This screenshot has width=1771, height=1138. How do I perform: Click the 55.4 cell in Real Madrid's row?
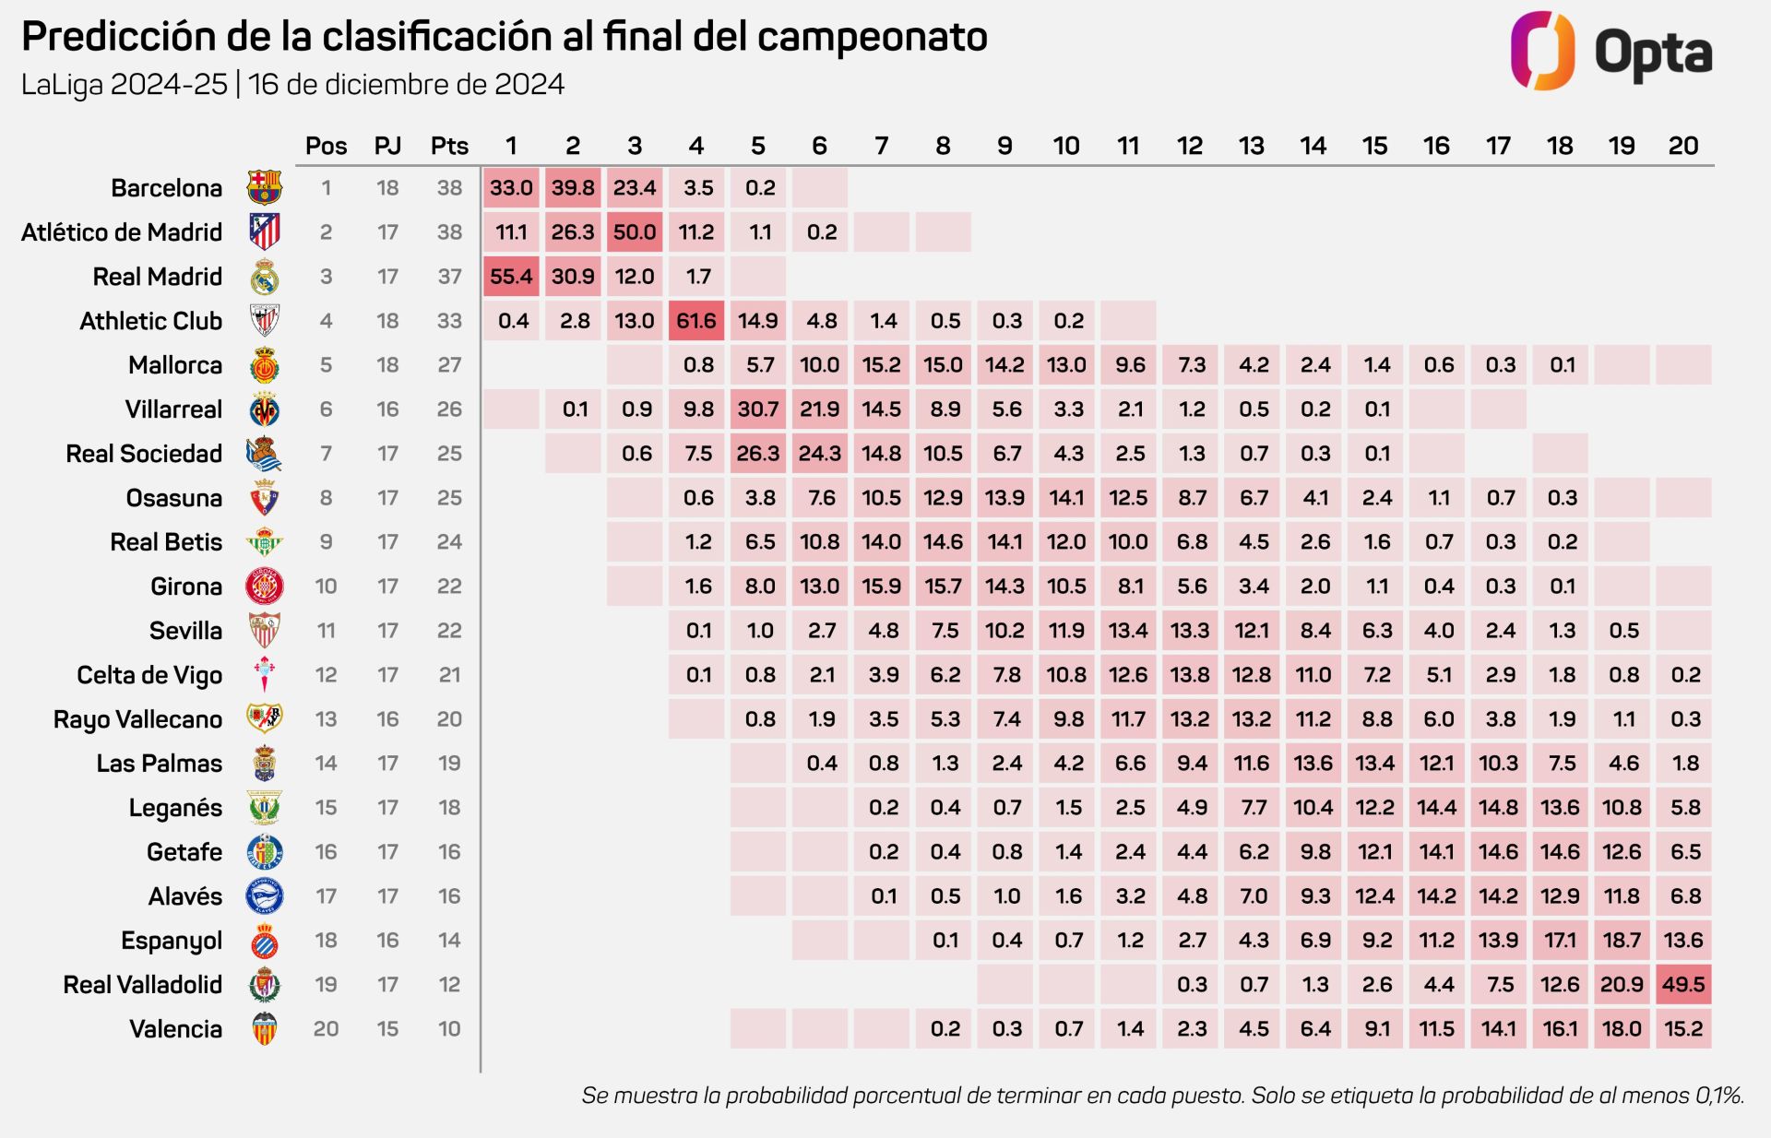pyautogui.click(x=511, y=277)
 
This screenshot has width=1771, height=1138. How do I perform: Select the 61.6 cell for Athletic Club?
pyautogui.click(x=696, y=321)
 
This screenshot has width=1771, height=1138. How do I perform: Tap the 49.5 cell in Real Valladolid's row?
pyautogui.click(x=1683, y=985)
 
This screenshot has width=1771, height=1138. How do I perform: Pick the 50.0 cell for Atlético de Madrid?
pyautogui.click(x=635, y=232)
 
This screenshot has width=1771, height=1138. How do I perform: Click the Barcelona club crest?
pyautogui.click(x=265, y=187)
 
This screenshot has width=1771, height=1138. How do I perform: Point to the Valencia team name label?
pyautogui.click(x=175, y=1029)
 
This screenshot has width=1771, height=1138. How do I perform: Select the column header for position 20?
pyautogui.click(x=1683, y=146)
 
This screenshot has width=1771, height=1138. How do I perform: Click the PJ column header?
pyautogui.click(x=387, y=146)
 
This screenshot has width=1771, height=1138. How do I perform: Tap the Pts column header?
pyautogui.click(x=449, y=146)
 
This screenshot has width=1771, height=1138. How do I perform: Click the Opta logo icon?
pyautogui.click(x=1542, y=51)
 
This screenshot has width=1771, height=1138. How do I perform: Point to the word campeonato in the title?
pyautogui.click(x=872, y=37)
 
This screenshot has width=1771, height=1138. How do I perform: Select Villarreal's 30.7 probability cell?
pyautogui.click(x=758, y=409)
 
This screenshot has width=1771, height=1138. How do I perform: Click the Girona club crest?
pyautogui.click(x=265, y=587)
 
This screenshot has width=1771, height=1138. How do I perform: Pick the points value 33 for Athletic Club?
pyautogui.click(x=449, y=321)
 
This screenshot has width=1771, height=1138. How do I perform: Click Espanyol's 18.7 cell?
pyautogui.click(x=1622, y=941)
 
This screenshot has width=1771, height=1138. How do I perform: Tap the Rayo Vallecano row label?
pyautogui.click(x=137, y=719)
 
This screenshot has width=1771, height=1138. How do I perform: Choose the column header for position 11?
pyautogui.click(x=1128, y=146)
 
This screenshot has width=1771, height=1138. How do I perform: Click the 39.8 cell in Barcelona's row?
pyautogui.click(x=573, y=188)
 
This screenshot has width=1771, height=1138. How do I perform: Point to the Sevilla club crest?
pyautogui.click(x=265, y=631)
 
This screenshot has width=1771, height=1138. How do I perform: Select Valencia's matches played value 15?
pyautogui.click(x=387, y=1029)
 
